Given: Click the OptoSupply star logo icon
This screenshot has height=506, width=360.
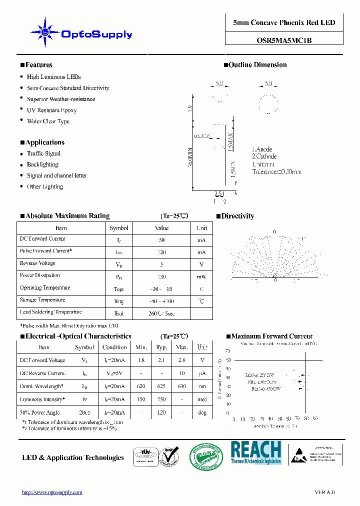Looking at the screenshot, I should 45,33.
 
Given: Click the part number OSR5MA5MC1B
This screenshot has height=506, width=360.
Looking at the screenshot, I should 284,40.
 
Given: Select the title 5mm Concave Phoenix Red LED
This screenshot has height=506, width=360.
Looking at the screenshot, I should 284,22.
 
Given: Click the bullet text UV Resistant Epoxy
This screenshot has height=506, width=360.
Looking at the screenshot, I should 51,110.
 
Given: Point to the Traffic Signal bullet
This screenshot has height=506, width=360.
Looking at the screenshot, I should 43,153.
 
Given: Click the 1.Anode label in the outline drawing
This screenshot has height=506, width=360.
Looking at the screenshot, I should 262,149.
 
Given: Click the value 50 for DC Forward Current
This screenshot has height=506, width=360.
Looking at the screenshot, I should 161,240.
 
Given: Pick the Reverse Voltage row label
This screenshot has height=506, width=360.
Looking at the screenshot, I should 37,263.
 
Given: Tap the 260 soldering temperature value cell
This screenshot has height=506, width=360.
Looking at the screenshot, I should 161,313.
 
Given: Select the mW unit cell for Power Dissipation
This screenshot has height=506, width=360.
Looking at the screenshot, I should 201,276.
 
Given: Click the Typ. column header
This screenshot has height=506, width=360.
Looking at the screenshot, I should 161,347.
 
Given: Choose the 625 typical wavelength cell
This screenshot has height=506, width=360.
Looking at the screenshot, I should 161,386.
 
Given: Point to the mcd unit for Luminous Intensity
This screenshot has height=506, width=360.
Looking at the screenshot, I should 201,399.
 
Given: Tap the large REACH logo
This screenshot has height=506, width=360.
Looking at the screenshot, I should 255,452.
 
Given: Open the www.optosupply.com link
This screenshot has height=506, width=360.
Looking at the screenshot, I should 52,492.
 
